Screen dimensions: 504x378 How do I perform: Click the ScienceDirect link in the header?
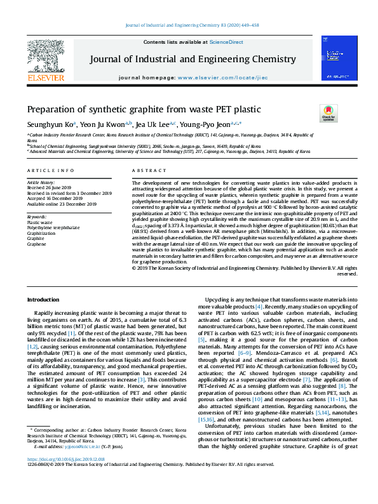pos(227,42)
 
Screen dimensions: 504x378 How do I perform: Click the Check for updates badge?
pos(328,114)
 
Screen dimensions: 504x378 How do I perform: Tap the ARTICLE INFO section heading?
pos(46,171)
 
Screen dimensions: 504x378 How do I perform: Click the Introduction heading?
pos(43,299)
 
